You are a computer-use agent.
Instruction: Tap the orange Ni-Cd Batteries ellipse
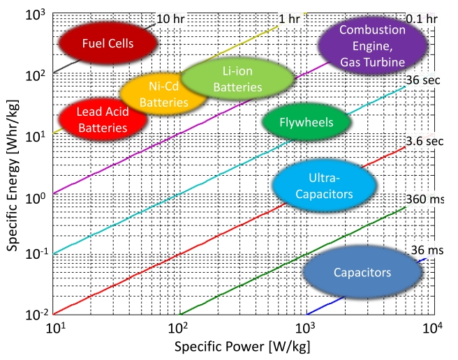coord(164,94)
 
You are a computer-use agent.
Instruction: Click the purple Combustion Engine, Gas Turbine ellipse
coord(371,46)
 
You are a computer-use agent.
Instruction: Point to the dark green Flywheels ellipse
coord(306,123)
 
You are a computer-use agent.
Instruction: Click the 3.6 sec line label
coord(426,141)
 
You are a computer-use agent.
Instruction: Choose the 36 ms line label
coord(427,250)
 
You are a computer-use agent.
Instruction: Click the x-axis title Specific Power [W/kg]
coord(242,346)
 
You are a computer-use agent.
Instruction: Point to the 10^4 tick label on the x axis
coord(434,328)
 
